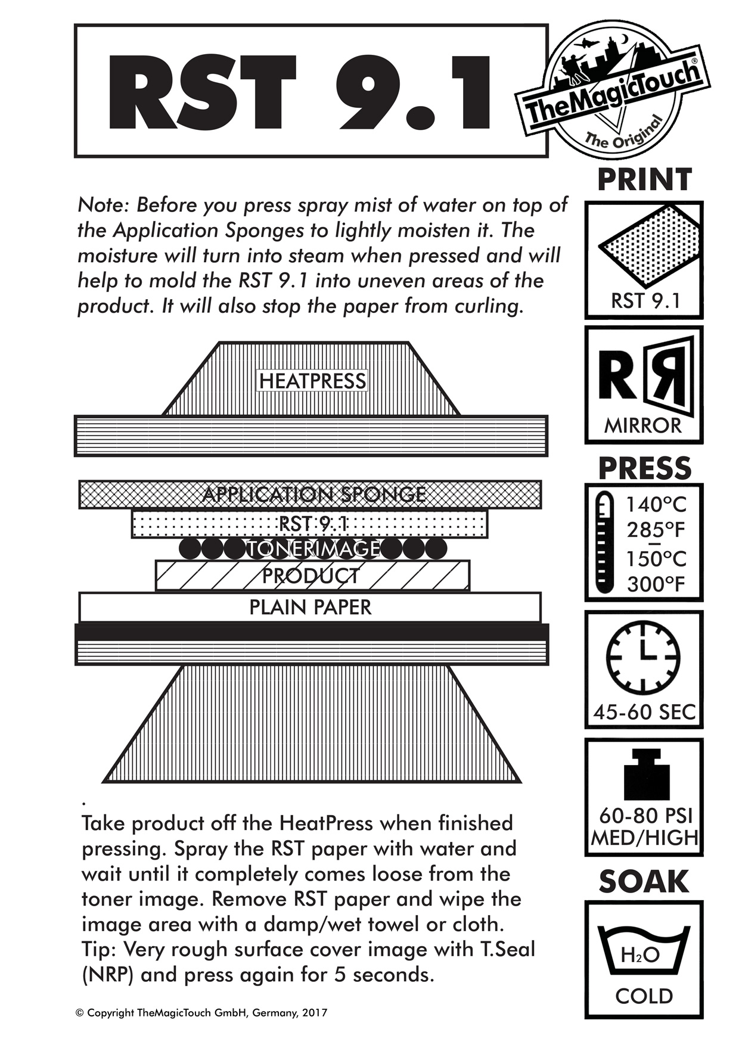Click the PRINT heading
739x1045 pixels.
(x=644, y=180)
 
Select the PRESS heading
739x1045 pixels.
(x=644, y=468)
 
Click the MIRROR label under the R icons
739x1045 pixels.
(x=643, y=425)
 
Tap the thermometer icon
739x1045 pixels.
(x=604, y=542)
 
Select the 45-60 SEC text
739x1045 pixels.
(x=644, y=712)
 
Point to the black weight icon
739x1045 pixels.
(x=646, y=775)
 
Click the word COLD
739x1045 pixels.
(x=644, y=996)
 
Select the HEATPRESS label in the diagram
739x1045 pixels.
(x=312, y=381)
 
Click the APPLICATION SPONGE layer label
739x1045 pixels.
(x=314, y=494)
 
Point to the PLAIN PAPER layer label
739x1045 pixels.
(x=310, y=607)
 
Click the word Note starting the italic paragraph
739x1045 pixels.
(x=103, y=205)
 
